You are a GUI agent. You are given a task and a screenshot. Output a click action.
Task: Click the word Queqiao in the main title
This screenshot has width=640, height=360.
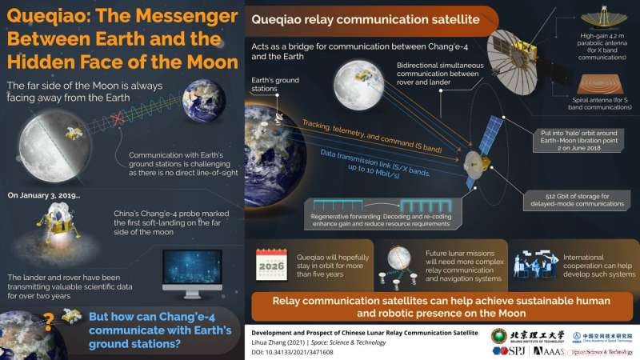(x=49, y=17)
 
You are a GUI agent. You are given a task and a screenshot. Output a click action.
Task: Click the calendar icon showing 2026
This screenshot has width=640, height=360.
(x=272, y=263)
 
